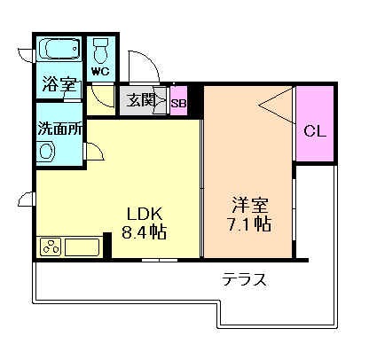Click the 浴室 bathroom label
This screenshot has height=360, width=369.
[x=59, y=86]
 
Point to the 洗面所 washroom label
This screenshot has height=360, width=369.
[x=59, y=127]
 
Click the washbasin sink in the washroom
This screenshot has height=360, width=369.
[x=46, y=150]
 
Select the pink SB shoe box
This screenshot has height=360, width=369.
[x=178, y=102]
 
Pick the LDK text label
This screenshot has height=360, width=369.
[x=143, y=213]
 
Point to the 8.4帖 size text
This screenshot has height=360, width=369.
[x=144, y=232]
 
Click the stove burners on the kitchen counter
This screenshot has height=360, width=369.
[x=51, y=247]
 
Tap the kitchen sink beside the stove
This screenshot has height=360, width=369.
[x=81, y=247]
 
